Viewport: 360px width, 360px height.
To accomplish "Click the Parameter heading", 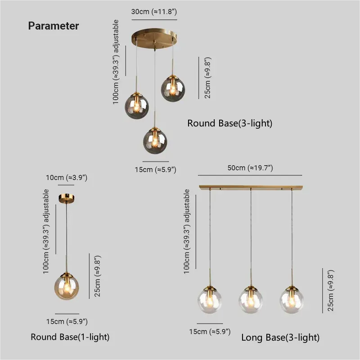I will pyautogui.click(x=54, y=26).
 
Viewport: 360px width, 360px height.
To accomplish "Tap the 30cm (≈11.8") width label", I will pyautogui.click(x=154, y=12).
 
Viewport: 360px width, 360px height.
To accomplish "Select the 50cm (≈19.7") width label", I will pyautogui.click(x=250, y=168).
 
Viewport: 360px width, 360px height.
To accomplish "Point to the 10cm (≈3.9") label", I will pyautogui.click(x=67, y=178).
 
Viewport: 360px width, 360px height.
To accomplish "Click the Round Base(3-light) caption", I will pyautogui.click(x=230, y=123).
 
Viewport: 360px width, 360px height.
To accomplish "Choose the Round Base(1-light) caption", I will pyautogui.click(x=70, y=337).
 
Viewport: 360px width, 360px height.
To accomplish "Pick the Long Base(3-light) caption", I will pyautogui.click(x=280, y=337).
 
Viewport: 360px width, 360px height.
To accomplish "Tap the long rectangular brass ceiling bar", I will pyautogui.click(x=251, y=186).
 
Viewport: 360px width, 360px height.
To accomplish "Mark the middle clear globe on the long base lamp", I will pyautogui.click(x=251, y=299).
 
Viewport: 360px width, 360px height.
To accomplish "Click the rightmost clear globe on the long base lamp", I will pyautogui.click(x=291, y=299).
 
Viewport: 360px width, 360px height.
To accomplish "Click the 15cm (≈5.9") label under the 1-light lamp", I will pyautogui.click(x=67, y=321).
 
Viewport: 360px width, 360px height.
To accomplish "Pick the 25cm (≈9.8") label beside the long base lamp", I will pyautogui.click(x=331, y=291).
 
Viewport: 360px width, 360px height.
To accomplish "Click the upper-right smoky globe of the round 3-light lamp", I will pyautogui.click(x=173, y=89).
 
